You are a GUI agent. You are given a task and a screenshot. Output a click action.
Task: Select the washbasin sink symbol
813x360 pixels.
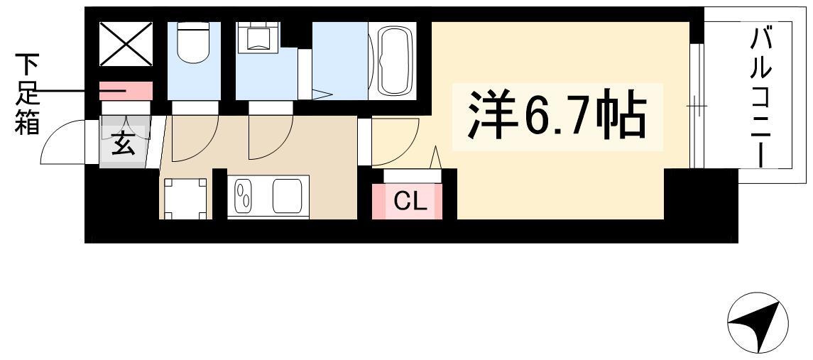coord(258,37)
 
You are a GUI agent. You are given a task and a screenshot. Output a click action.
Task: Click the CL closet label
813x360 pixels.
coord(410,202)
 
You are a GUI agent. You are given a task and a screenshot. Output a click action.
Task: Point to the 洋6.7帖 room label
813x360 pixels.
coord(557,116)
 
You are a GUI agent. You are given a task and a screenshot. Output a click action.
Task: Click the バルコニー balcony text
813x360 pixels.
coord(760,97)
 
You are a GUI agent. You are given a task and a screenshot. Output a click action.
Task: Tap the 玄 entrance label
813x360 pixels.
coord(124,143)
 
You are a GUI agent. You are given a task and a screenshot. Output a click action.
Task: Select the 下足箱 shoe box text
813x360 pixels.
coord(27,94)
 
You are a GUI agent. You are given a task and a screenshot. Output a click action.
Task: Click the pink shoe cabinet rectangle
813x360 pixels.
coord(126,91)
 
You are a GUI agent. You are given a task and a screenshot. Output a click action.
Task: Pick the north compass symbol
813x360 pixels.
coord(758,322)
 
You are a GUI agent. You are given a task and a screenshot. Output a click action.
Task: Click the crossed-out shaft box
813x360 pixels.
coord(126,44)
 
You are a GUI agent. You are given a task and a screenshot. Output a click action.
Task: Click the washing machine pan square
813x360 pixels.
coord(185,199)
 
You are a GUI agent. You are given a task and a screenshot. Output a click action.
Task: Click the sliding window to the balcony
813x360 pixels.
coord(697,107)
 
